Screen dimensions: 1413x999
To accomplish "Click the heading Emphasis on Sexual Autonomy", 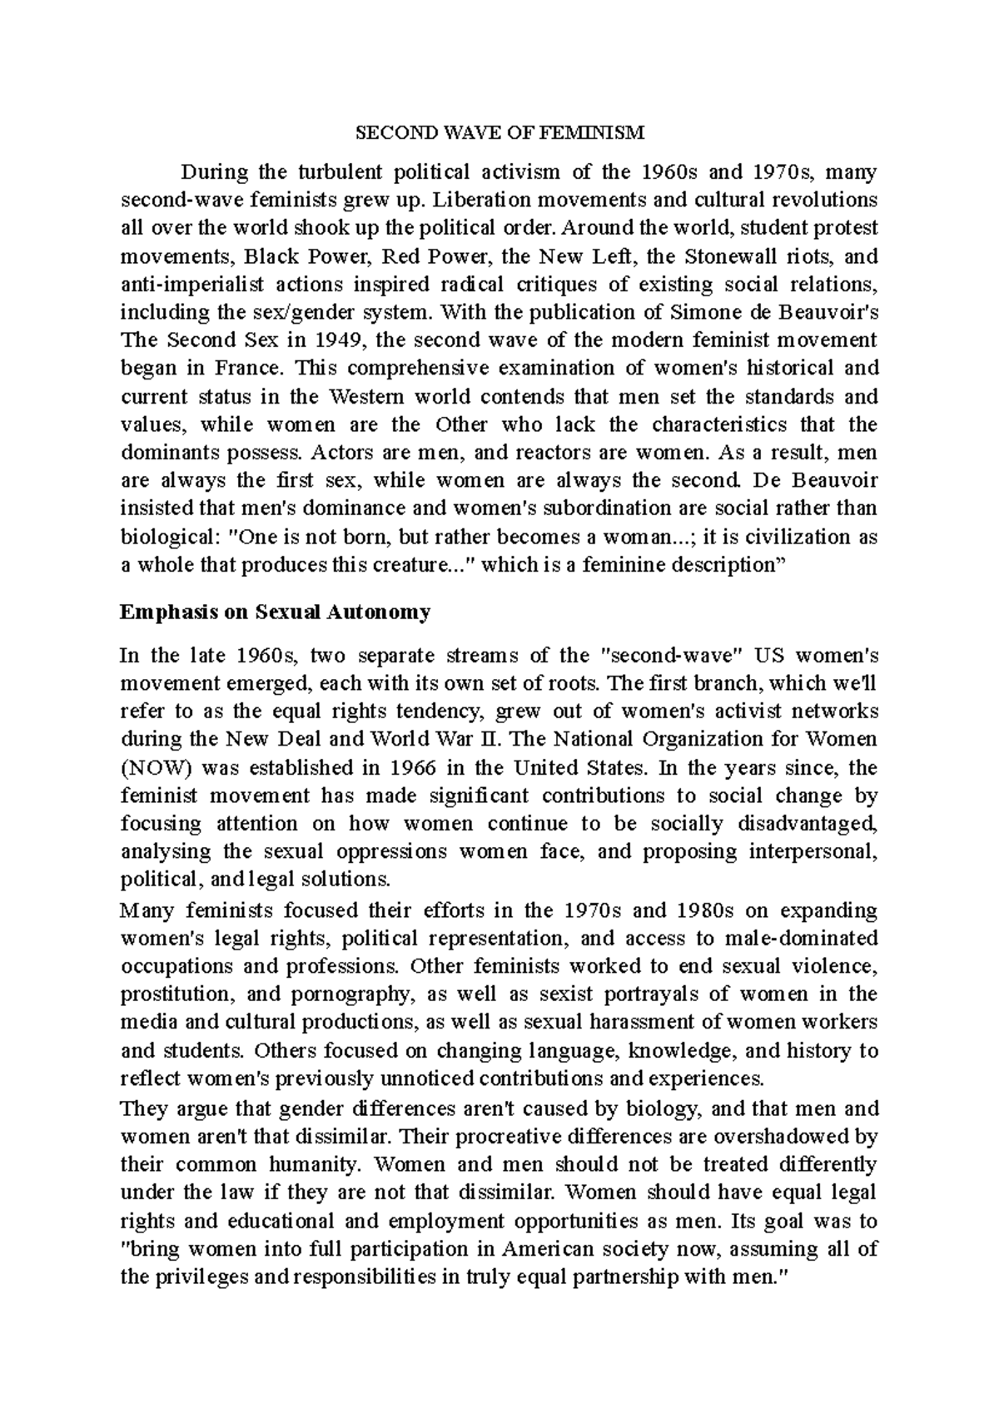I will [x=275, y=613].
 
